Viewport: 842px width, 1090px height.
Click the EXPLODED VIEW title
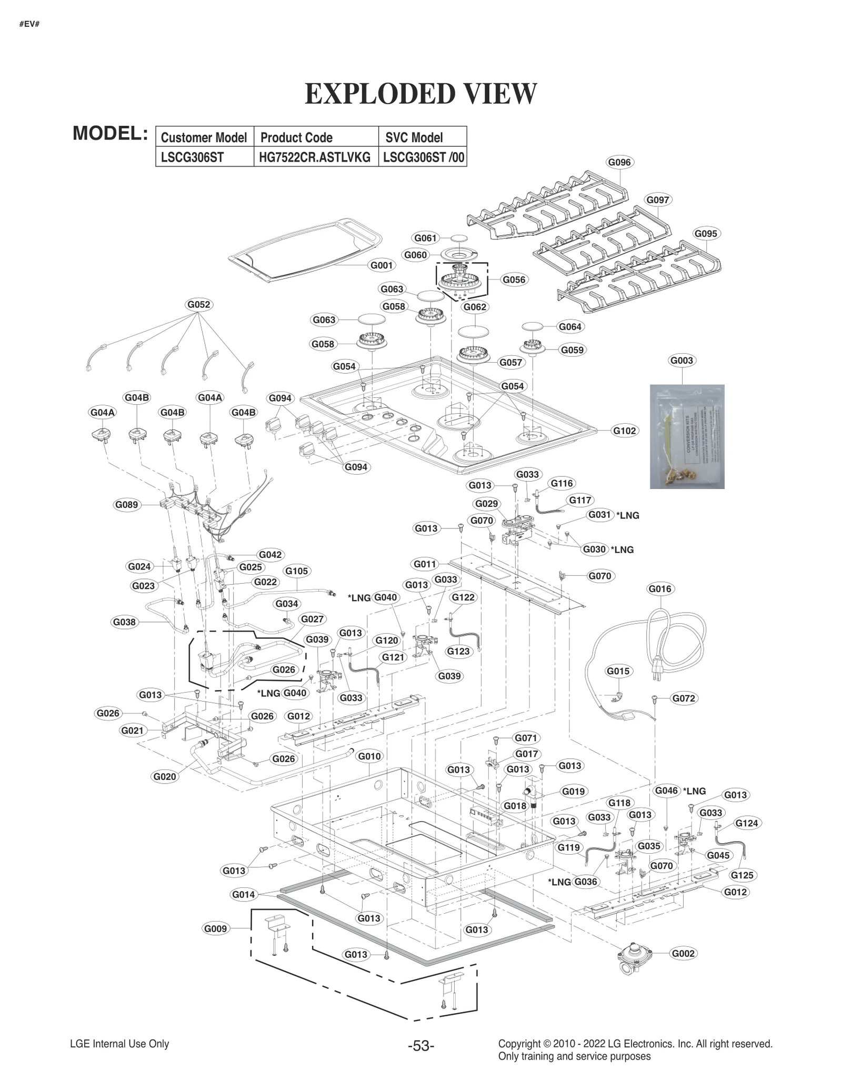[x=420, y=94]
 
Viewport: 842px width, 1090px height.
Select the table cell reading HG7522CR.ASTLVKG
[x=315, y=157]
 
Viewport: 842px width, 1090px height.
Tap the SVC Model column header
[x=414, y=137]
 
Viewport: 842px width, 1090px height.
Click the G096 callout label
[x=619, y=162]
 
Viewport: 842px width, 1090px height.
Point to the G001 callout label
[x=382, y=265]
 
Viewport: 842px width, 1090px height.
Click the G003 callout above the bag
[x=681, y=361]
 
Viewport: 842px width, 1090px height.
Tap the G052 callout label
[x=199, y=304]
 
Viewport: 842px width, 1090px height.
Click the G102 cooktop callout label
[x=624, y=431]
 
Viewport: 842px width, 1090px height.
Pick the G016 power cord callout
[x=660, y=589]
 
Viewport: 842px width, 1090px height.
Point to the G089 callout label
[x=126, y=505]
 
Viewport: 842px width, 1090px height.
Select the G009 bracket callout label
[x=215, y=928]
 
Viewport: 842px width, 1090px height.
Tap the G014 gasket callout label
[x=243, y=894]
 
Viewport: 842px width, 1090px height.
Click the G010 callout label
[x=369, y=756]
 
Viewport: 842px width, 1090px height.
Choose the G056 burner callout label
[x=514, y=279]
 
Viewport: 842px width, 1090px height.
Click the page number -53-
[x=420, y=1046]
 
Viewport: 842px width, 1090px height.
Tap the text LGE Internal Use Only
[x=119, y=1044]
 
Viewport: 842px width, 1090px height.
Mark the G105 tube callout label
[x=296, y=571]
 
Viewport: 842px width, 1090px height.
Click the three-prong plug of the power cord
[x=656, y=672]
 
